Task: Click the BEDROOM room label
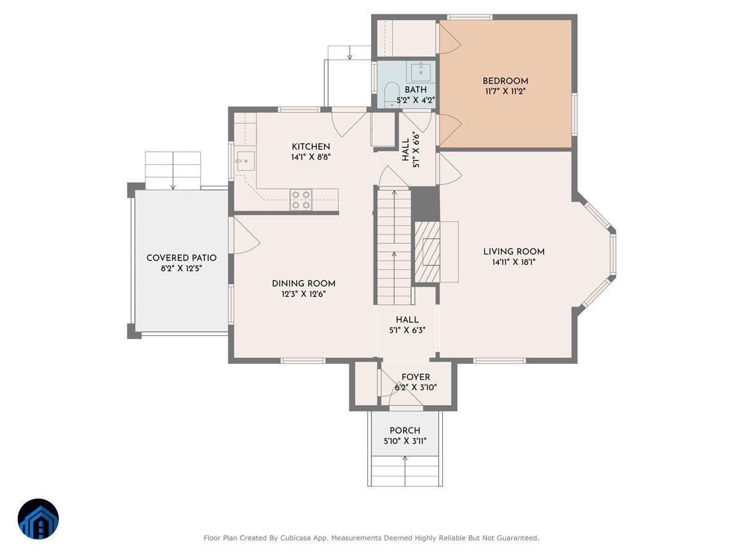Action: click(505, 81)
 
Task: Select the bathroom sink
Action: click(420, 71)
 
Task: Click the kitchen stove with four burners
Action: click(301, 199)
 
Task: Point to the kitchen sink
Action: click(245, 161)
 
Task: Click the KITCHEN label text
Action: click(311, 147)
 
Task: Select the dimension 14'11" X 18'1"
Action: click(513, 262)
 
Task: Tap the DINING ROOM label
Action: click(303, 283)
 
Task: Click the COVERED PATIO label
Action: click(181, 257)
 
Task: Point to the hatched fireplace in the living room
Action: click(427, 252)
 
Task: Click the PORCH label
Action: click(405, 431)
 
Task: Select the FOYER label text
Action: click(415, 377)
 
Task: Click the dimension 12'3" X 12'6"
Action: click(303, 294)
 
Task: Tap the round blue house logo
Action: click(38, 519)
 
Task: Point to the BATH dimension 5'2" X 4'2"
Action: click(415, 100)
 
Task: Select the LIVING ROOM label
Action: click(513, 252)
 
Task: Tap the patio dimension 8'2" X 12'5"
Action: click(181, 269)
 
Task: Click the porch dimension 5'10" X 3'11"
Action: click(405, 441)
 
